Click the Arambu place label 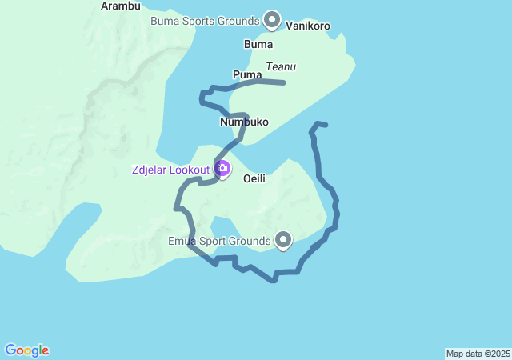coord(121,6)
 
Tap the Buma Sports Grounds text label coord(205,20)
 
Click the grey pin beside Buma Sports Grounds coord(272,18)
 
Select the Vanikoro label coord(308,26)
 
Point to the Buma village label coord(258,44)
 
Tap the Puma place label coord(247,74)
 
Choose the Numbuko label coord(244,122)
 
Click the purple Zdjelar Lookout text coord(170,170)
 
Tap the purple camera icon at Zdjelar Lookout coord(222,168)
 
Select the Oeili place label coord(254,178)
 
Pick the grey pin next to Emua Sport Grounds coord(283,238)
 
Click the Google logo coord(26,350)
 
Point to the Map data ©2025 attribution coord(478,354)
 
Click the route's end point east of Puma coord(284,82)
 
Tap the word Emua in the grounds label coord(182,239)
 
